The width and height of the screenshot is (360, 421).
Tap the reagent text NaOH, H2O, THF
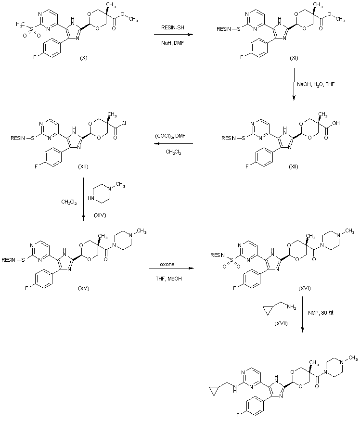tap(316, 85)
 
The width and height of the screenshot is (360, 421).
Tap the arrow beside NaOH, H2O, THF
tap(293, 85)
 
